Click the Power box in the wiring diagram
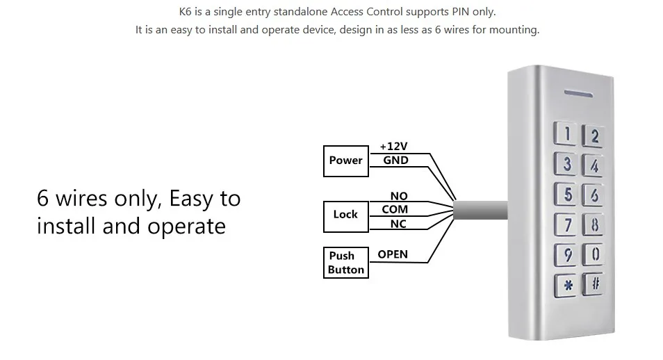coord(345,161)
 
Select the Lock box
coord(345,215)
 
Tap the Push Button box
coord(345,263)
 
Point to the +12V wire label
coord(393,147)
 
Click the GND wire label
coord(395,160)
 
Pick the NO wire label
coord(399,197)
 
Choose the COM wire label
coord(395,209)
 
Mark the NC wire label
coord(398,224)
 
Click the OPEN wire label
coord(393,254)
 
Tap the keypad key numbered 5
coord(567,194)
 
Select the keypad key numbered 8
coord(594,225)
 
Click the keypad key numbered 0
coord(595,254)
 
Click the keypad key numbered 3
coord(567,164)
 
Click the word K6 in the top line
coord(186,12)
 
